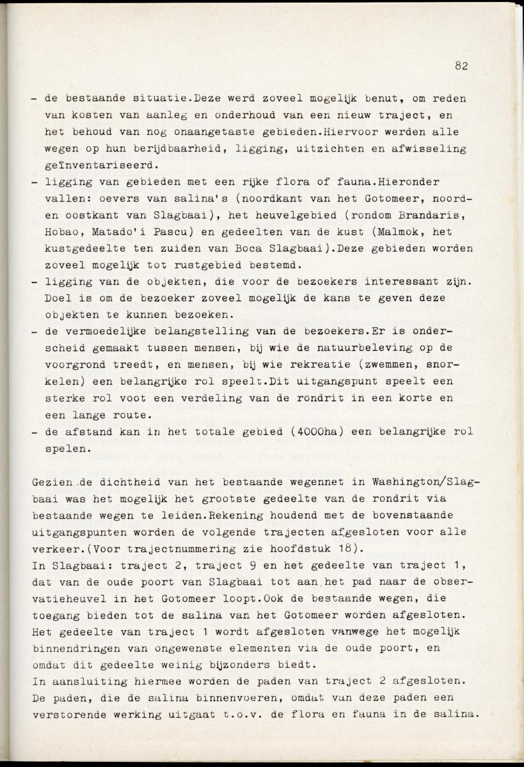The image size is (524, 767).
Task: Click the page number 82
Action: tap(462, 65)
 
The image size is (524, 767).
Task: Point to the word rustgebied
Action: tap(212, 264)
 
